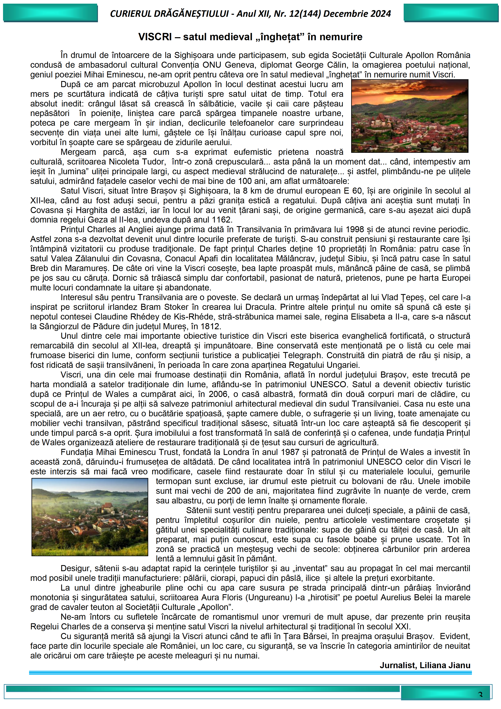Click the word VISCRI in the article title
155,37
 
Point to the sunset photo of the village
410,116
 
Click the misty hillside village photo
90,517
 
